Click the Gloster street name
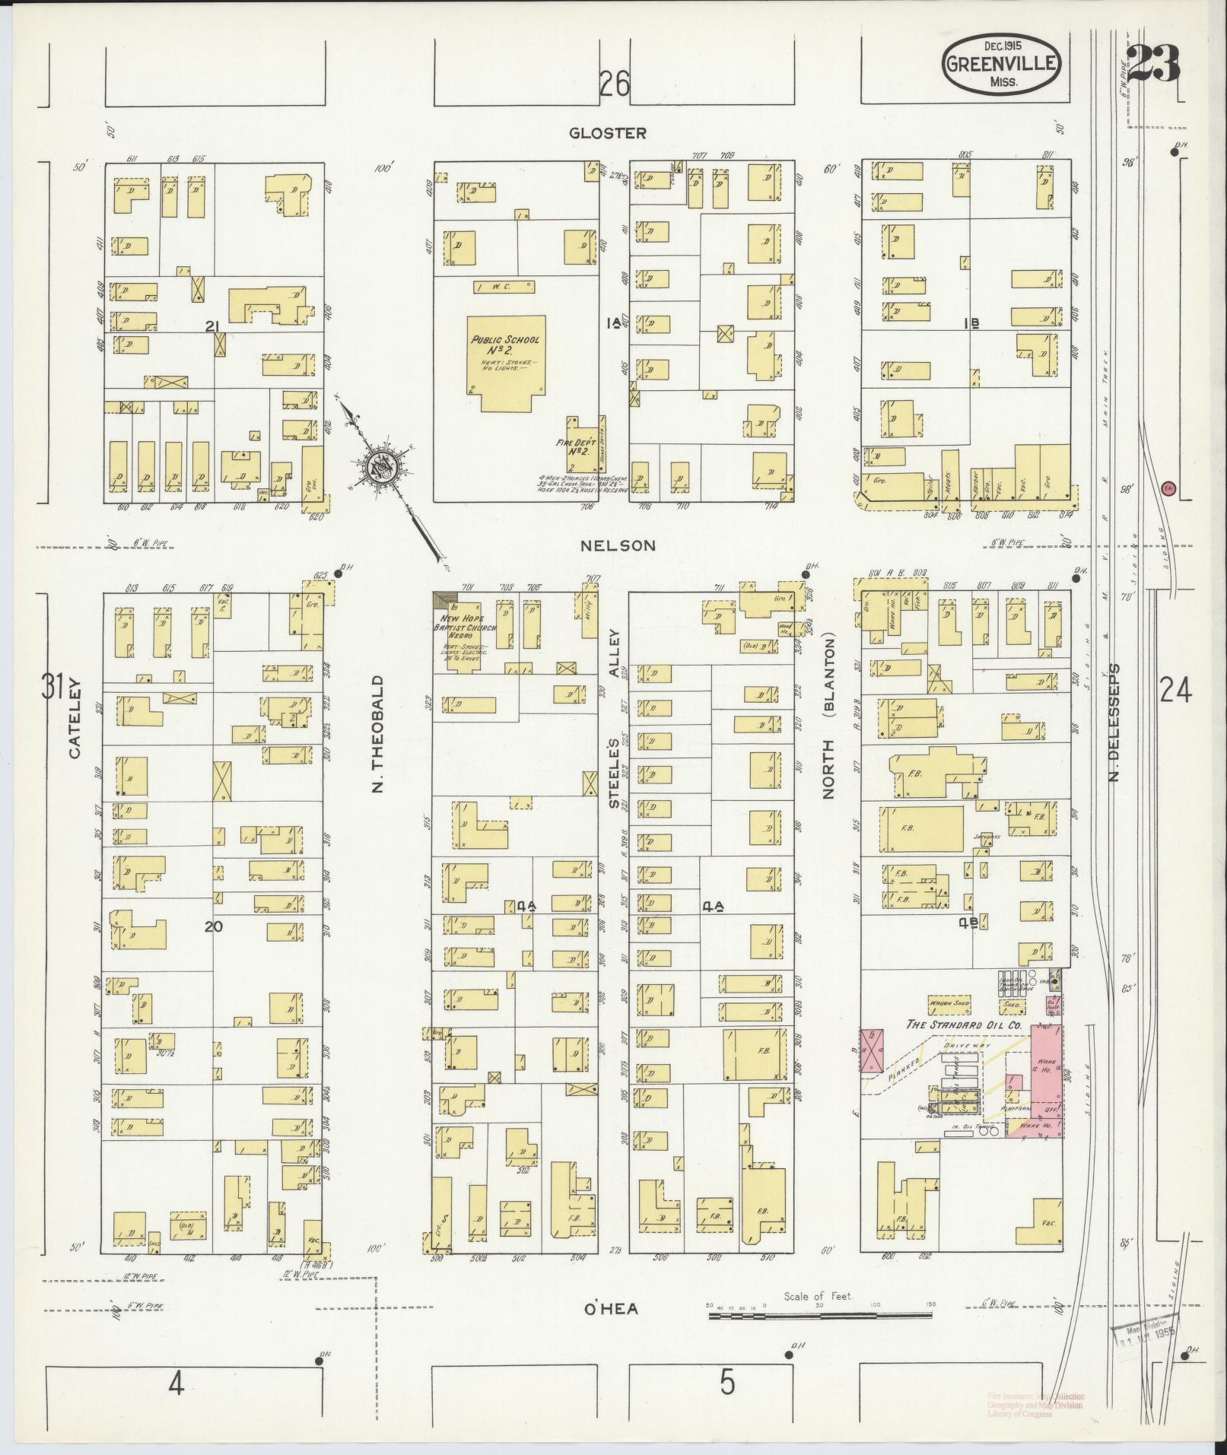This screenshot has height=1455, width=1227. [609, 133]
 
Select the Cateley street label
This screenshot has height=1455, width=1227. [75, 729]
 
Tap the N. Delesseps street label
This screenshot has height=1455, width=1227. [1114, 723]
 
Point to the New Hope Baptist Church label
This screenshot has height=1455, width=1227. [465, 625]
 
